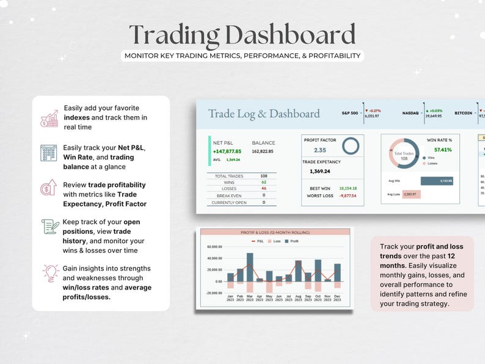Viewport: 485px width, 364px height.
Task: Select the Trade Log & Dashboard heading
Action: pos(264,114)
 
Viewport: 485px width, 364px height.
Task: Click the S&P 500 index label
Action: pos(350,113)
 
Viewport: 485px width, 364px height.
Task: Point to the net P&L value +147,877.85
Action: pos(227,151)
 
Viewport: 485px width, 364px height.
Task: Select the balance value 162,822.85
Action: pos(263,151)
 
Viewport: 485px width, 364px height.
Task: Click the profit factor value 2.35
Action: pos(319,150)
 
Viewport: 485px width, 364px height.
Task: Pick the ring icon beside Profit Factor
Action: pos(350,146)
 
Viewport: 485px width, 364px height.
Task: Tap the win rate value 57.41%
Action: pos(443,150)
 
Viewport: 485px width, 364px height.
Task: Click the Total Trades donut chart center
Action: pos(403,155)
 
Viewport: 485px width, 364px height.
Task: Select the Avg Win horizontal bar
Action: pos(437,181)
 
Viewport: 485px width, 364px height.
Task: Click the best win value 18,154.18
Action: pos(348,188)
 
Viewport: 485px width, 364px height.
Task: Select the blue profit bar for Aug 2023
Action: pos(298,271)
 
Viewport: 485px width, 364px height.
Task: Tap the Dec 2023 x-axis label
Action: pos(337,298)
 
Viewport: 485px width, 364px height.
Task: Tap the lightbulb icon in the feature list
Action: pos(49,273)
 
